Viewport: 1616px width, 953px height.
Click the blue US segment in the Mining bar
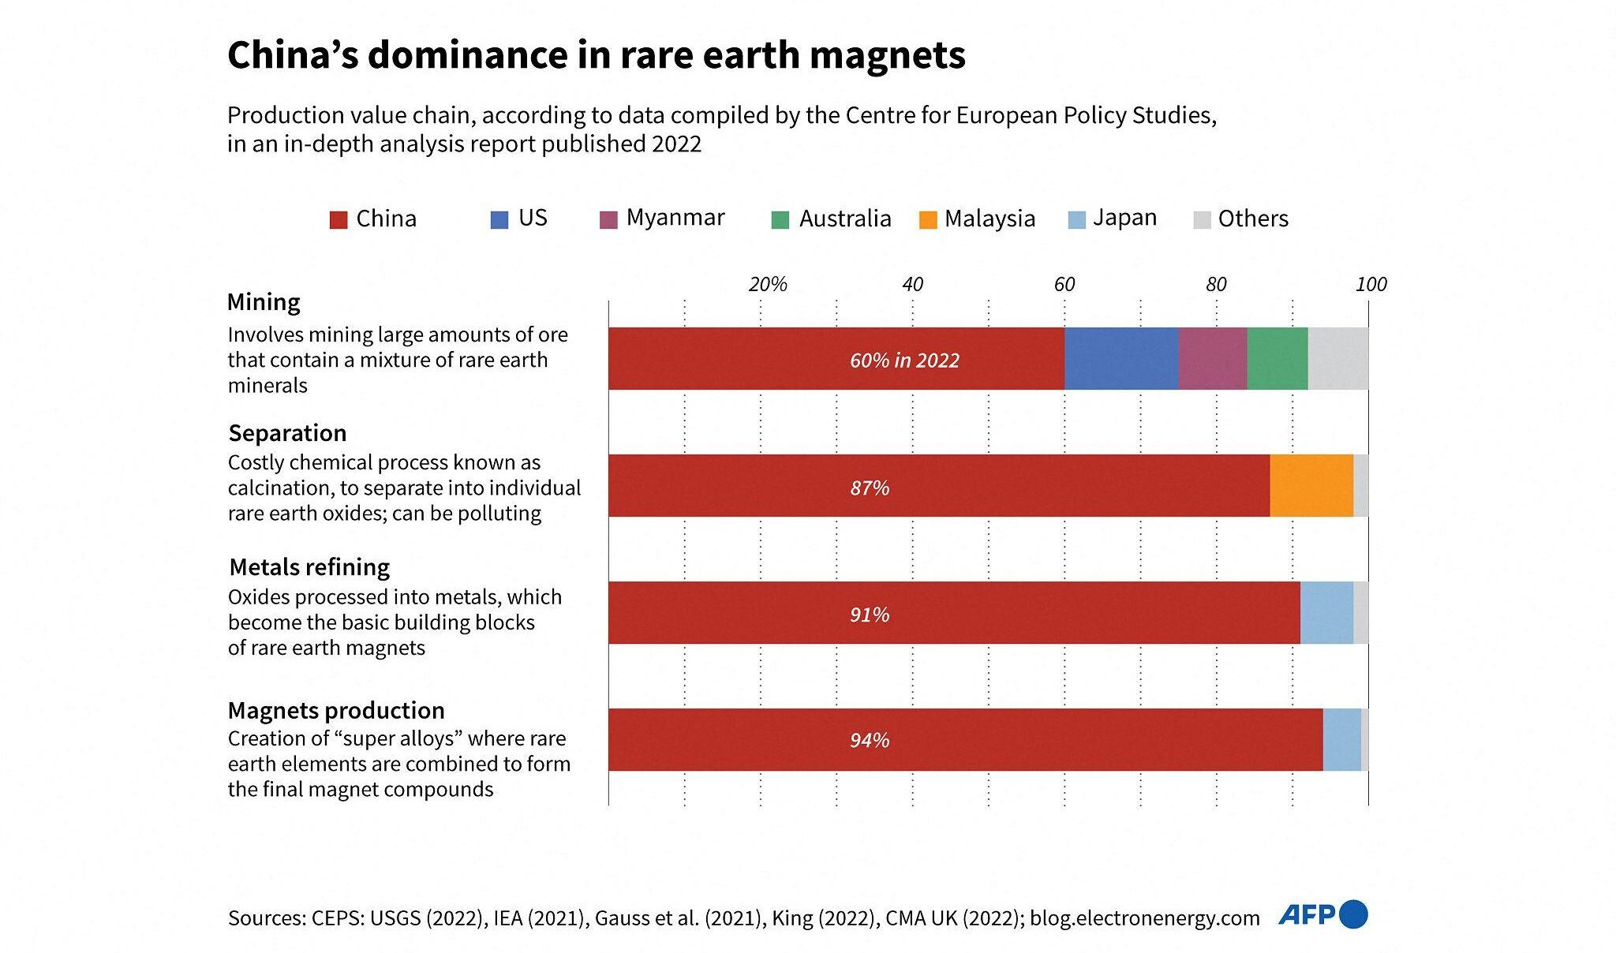[1121, 359]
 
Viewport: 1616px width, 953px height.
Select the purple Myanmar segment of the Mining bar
[1213, 359]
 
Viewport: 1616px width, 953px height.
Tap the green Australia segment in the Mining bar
[1277, 359]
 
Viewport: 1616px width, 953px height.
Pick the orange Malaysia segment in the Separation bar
[1311, 486]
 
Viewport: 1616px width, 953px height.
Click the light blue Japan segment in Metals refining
[1326, 613]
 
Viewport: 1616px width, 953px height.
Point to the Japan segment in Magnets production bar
[1341, 740]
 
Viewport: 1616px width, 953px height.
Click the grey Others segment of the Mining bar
[1338, 359]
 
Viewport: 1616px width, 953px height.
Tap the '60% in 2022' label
[904, 361]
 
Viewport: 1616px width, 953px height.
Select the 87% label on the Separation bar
[870, 488]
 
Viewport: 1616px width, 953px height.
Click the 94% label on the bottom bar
[870, 741]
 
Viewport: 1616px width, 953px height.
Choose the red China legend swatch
[339, 220]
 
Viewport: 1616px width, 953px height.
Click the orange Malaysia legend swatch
[928, 220]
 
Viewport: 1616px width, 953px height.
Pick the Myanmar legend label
[675, 218]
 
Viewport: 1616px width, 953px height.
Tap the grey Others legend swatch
[1202, 220]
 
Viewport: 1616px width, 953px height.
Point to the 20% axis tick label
[768, 285]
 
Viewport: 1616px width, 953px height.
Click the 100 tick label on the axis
[1371, 285]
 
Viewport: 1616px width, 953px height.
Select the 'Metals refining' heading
[309, 567]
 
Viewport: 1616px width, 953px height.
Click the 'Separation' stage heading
[287, 433]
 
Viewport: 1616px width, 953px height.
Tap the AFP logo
[1322, 915]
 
